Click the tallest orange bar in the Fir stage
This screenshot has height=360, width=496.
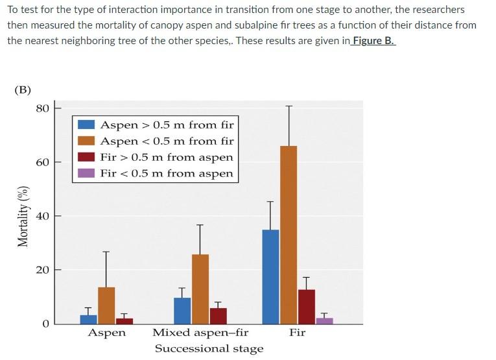(x=289, y=235)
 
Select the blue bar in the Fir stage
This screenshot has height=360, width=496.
(x=271, y=277)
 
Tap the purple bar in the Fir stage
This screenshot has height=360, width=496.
(x=324, y=320)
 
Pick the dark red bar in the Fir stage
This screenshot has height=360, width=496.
(x=307, y=307)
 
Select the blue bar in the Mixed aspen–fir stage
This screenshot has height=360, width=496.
(x=183, y=311)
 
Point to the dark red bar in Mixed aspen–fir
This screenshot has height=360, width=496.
(x=218, y=316)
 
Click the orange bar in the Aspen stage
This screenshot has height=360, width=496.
(x=106, y=306)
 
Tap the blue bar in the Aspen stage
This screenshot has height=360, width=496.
(x=89, y=319)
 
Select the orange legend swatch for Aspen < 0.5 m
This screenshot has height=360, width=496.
(x=86, y=141)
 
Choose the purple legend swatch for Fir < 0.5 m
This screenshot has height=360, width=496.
(x=86, y=173)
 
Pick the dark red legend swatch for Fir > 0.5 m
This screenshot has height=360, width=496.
(x=86, y=157)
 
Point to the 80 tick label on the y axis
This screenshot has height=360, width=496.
(x=42, y=108)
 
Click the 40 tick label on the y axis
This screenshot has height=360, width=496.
(x=42, y=216)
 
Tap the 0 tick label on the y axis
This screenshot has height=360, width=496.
(x=45, y=324)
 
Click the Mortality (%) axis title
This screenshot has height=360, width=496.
(x=23, y=215)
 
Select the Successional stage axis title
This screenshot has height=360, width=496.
(x=209, y=349)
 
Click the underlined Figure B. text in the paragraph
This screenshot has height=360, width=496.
(x=373, y=40)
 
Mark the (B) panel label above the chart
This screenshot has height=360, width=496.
(x=23, y=90)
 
